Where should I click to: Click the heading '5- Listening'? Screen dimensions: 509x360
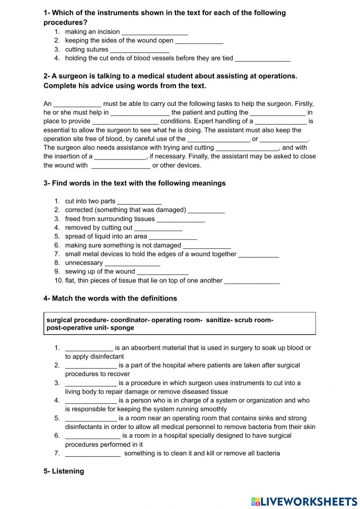(x=64, y=471)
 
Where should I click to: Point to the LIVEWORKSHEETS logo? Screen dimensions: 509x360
(x=304, y=501)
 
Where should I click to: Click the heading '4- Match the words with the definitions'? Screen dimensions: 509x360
(x=110, y=298)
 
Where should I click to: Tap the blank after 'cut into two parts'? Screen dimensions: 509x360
(x=139, y=201)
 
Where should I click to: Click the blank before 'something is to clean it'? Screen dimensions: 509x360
(x=93, y=454)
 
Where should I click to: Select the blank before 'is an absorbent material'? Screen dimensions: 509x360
(x=89, y=348)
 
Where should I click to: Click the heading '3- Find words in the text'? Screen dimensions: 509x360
(x=134, y=183)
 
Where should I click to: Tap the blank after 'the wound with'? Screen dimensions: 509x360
(x=121, y=166)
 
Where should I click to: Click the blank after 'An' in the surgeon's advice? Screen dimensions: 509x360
(x=77, y=104)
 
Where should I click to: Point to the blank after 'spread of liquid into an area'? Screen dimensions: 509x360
(x=173, y=237)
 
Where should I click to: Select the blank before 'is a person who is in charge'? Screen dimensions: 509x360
(x=91, y=401)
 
